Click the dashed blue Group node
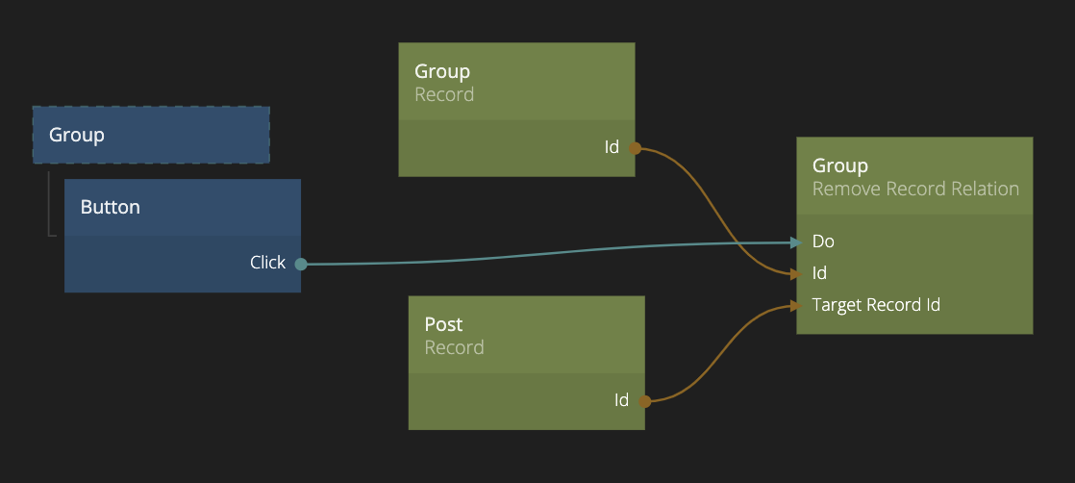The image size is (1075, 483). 151,135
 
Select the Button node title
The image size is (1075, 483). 110,207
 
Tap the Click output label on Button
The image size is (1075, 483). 267,262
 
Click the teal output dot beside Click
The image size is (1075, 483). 301,264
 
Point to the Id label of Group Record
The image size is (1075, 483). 612,147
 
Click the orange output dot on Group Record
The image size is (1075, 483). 635,148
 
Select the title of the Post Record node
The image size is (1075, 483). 443,324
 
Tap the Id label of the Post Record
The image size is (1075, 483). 621,400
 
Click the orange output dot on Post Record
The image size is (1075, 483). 644,401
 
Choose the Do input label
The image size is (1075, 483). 823,241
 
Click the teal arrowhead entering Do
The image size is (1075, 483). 795,242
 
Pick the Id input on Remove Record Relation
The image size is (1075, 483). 819,273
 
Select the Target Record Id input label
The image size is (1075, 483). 876,305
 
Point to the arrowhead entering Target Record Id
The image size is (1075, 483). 795,305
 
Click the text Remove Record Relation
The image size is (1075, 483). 915,189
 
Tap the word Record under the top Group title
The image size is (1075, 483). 444,94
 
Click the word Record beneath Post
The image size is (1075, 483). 454,347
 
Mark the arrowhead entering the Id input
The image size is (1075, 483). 795,274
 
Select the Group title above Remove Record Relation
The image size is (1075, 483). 839,165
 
